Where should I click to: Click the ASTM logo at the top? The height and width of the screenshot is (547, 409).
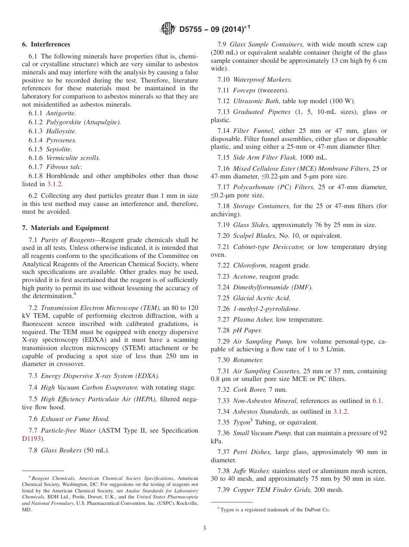167,29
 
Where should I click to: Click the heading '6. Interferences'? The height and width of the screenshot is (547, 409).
46,44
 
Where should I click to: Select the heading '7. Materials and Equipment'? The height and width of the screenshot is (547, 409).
65,228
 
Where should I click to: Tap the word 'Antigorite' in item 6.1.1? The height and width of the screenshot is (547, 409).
61,113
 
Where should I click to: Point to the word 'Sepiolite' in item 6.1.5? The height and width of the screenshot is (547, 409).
59,149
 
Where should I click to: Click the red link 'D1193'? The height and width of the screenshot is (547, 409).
32,439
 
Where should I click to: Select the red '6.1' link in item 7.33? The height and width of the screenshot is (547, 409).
377,401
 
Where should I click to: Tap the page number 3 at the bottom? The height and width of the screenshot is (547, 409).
204,528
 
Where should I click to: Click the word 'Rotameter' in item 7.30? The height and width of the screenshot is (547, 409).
248,360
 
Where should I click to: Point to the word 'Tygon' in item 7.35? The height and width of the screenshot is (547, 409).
241,422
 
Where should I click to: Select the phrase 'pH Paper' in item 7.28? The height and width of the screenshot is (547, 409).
247,330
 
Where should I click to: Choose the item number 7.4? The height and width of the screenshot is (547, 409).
33,387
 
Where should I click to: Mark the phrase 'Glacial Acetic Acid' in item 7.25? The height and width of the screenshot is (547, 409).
262,298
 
